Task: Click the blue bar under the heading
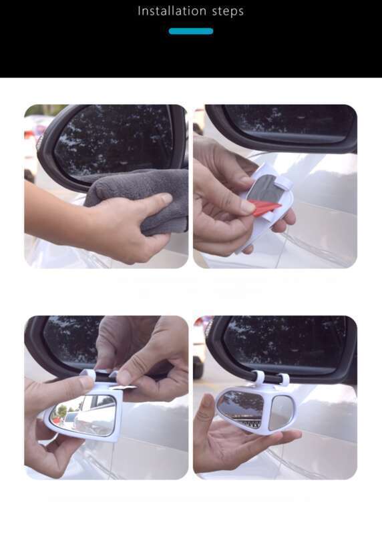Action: (190, 31)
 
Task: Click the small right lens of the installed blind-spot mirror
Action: (280, 412)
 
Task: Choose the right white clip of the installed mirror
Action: (283, 380)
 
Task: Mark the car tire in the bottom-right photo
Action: (198, 364)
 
